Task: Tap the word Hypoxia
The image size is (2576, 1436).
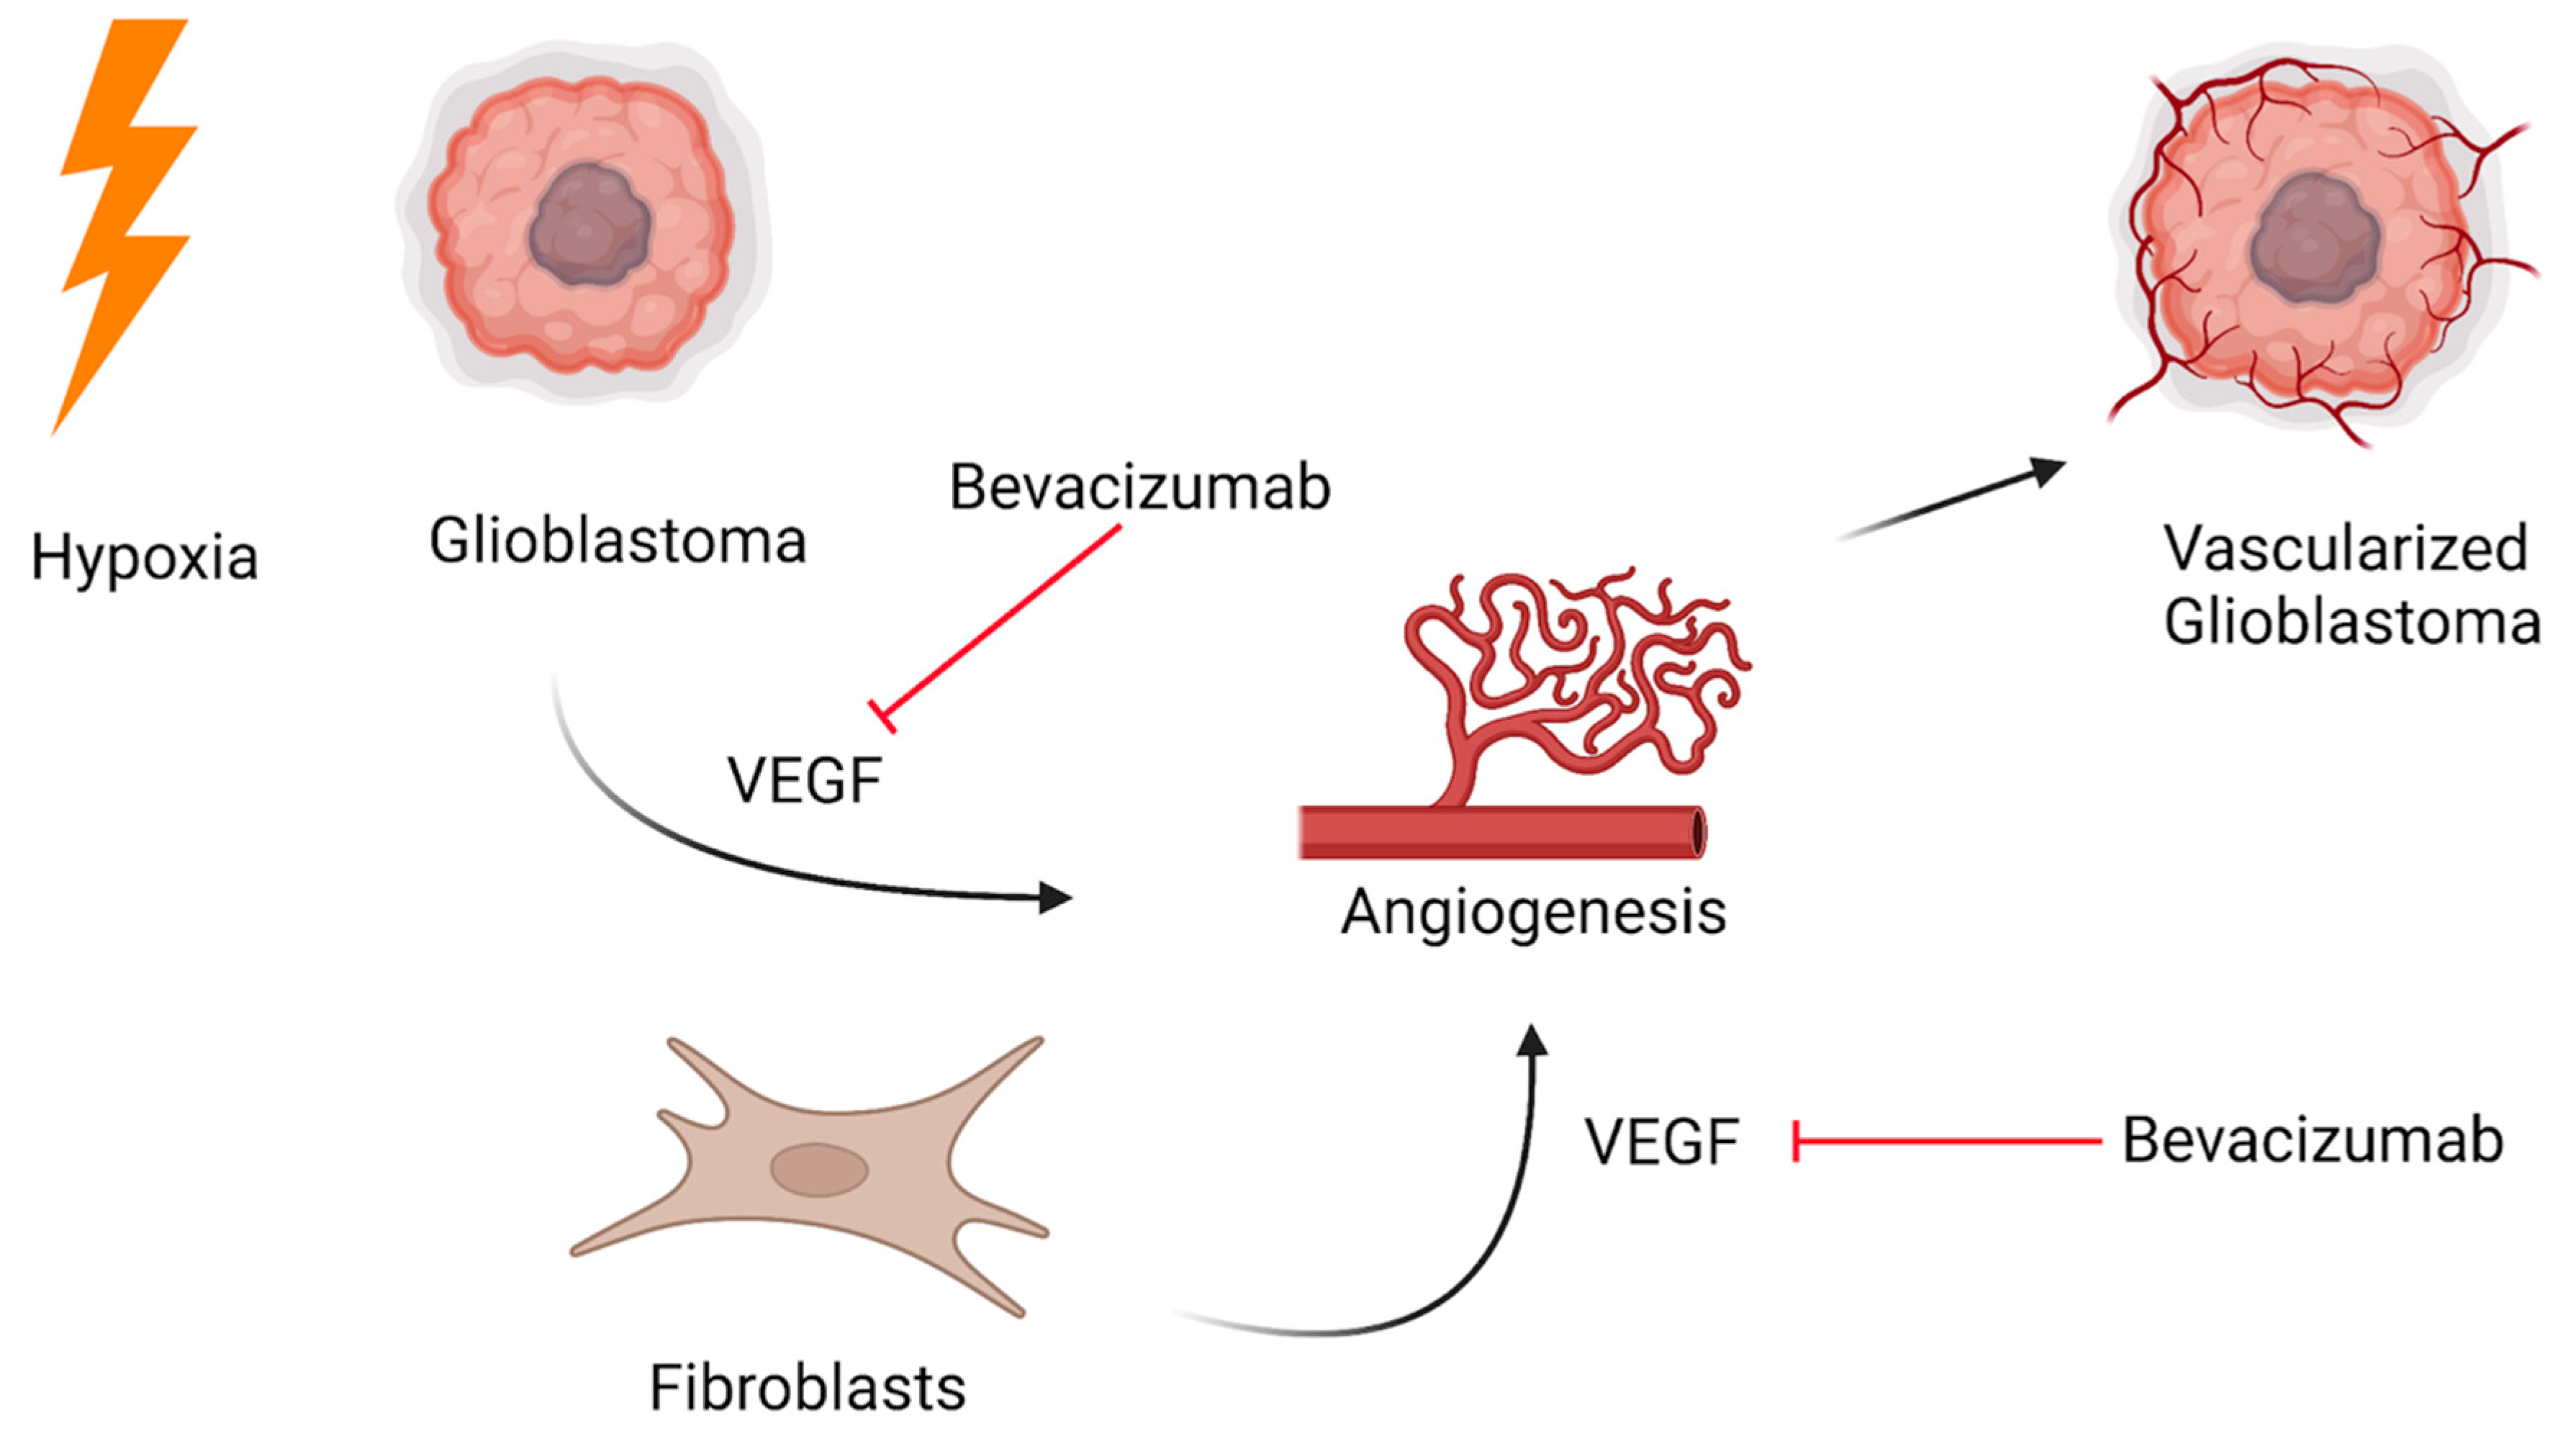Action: coord(145,558)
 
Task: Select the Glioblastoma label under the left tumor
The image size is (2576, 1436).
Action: coord(618,541)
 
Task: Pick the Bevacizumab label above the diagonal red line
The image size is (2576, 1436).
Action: coord(1140,487)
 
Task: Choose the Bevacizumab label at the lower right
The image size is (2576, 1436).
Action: coord(2313,1140)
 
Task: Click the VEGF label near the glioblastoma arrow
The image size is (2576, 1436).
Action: coord(804,781)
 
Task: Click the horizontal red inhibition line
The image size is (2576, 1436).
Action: coord(1947,1141)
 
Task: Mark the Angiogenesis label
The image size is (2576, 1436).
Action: coord(1533,913)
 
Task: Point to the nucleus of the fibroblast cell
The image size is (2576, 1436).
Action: coord(819,1170)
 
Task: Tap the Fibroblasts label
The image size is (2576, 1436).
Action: coord(807,1388)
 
